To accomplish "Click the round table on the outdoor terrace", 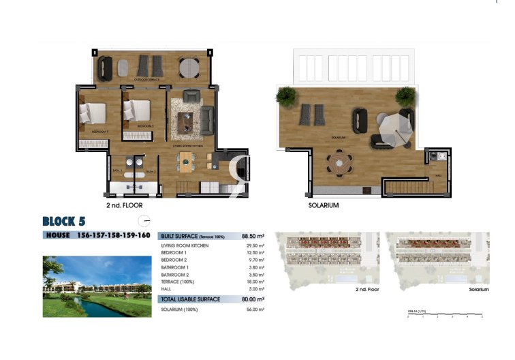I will pyautogui.click(x=189, y=67).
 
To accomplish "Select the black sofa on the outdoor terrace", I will pyautogui.click(x=106, y=67).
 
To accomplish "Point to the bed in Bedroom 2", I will pyautogui.click(x=138, y=110).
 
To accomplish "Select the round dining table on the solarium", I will pyautogui.click(x=339, y=164).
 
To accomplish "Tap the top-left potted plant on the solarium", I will pyautogui.click(x=287, y=95).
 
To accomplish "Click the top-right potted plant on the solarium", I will pyautogui.click(x=405, y=95).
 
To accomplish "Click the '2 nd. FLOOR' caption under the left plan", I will pyautogui.click(x=124, y=205).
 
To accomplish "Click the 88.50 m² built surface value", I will pyautogui.click(x=253, y=236).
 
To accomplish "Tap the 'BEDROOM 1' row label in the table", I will pyautogui.click(x=173, y=252).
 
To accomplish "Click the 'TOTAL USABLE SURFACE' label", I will pyautogui.click(x=190, y=299).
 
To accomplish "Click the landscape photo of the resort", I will pyautogui.click(x=97, y=286).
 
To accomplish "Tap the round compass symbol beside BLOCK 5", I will pyautogui.click(x=144, y=220).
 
